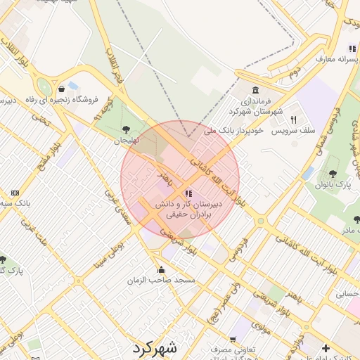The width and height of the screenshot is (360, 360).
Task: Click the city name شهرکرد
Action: [154, 348]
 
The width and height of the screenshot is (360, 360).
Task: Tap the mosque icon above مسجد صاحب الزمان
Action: [162, 269]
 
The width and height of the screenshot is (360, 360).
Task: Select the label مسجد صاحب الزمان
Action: [161, 281]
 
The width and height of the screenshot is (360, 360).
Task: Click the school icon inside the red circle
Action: [188, 193]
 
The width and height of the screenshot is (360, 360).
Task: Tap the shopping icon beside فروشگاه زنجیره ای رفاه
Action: [63, 89]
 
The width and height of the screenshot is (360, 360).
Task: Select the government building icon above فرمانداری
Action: [254, 91]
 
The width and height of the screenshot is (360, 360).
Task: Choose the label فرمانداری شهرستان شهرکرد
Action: [255, 106]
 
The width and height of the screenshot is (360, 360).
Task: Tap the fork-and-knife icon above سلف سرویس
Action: [293, 120]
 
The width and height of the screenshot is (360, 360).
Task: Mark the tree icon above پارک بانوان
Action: [333, 173]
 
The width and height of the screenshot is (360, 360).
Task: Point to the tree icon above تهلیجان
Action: [126, 129]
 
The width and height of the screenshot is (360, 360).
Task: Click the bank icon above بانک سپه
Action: [15, 193]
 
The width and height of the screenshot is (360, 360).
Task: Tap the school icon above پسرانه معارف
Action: [351, 49]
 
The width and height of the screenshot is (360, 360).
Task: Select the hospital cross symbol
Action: [326, 348]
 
